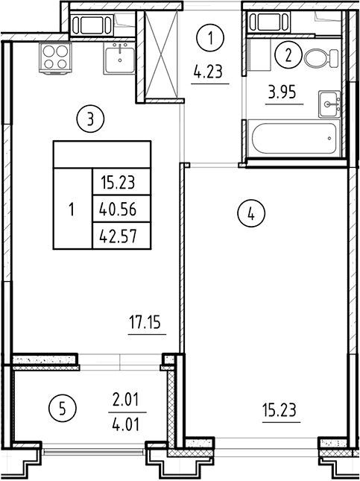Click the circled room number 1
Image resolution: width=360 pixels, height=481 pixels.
tap(210, 38)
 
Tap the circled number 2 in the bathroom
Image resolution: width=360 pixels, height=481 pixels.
tap(288, 56)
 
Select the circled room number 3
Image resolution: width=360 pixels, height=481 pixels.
tap(90, 119)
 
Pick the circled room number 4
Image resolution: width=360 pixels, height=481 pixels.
tap(251, 214)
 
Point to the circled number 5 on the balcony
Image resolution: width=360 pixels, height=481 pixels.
tap(63, 408)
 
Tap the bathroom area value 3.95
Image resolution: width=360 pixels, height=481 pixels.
tap(282, 92)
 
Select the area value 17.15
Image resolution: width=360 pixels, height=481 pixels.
tap(145, 322)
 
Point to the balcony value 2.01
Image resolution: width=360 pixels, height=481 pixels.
tap(127, 400)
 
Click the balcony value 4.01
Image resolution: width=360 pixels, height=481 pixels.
tap(127, 424)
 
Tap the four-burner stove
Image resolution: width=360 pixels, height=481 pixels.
tap(55, 57)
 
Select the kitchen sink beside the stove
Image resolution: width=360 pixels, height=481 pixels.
tap(119, 58)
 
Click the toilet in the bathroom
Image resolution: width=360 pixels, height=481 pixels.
tap(321, 58)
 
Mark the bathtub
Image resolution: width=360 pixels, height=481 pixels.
tap(294, 139)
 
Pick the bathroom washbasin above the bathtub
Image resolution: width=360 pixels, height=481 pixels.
tap(329, 104)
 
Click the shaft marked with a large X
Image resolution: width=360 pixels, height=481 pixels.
tap(161, 55)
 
